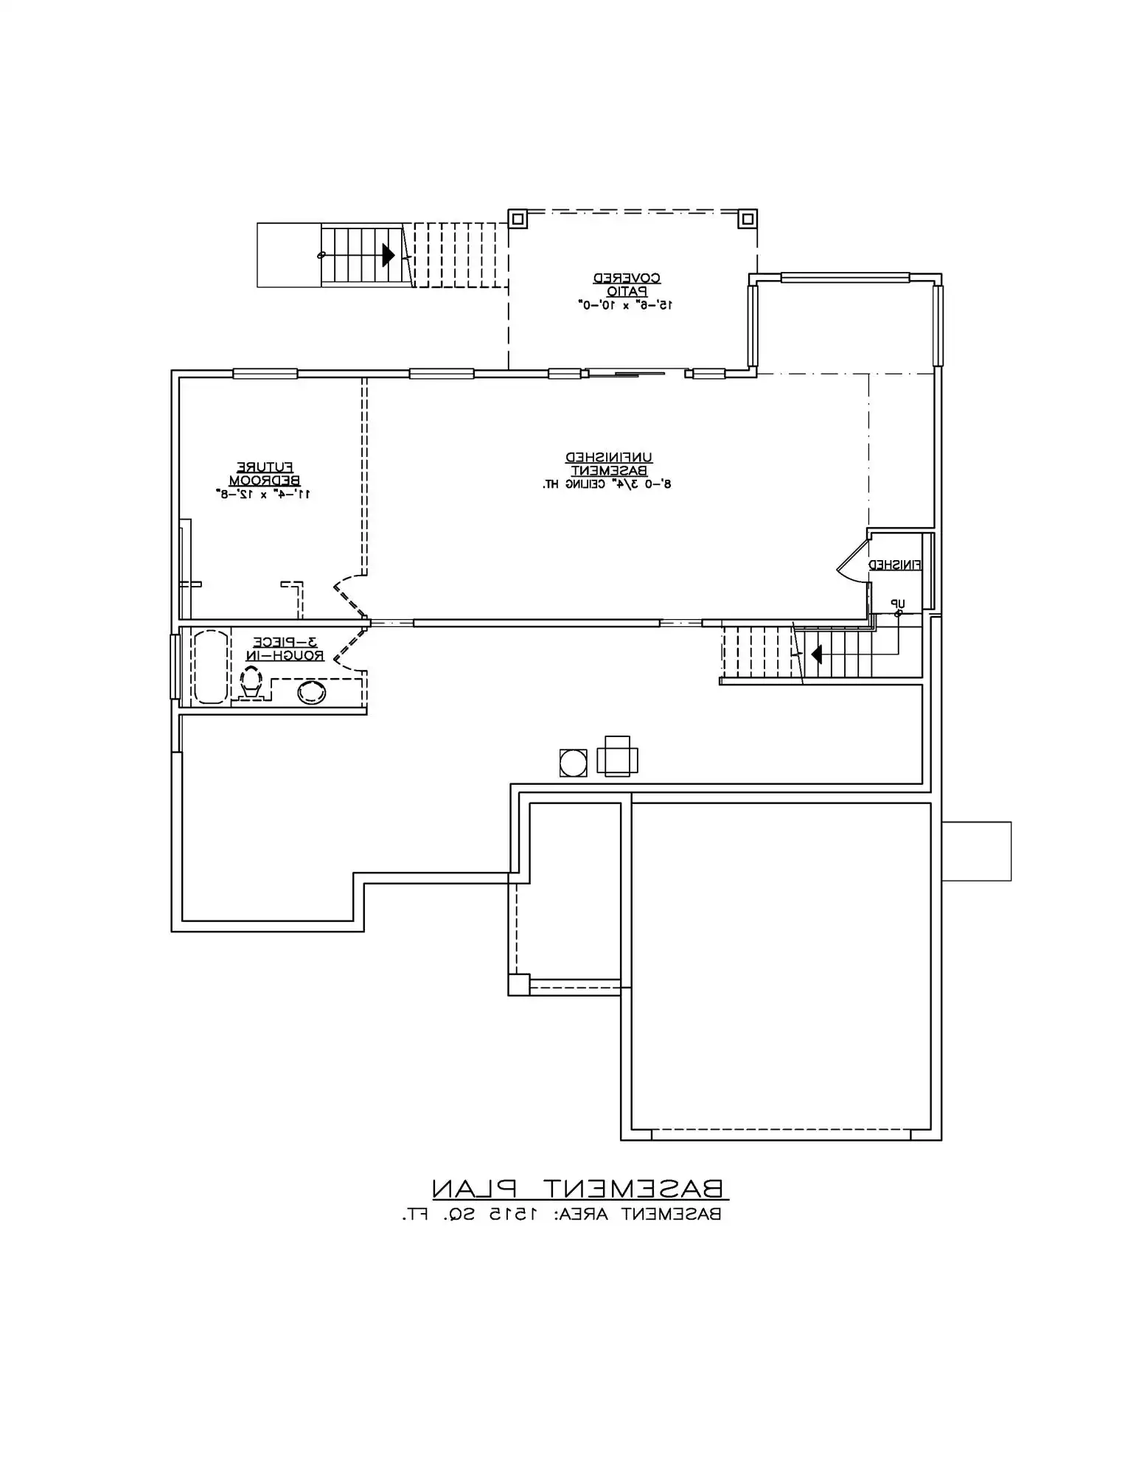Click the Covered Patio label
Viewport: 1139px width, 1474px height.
pos(627,284)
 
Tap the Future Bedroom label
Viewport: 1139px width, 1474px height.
pos(264,473)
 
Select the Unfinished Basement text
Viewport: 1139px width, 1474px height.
pos(608,464)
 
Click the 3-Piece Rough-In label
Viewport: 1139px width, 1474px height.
pos(285,649)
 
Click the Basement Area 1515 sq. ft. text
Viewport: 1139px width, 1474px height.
pos(561,1214)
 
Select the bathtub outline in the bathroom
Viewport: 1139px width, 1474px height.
pos(210,667)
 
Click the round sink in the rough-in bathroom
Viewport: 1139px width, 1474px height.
pos(312,692)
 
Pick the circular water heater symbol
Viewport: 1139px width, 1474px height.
pos(573,763)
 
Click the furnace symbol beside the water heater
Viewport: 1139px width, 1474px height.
pos(617,757)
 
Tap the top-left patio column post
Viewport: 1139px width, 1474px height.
pos(518,219)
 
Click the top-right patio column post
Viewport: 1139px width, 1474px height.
pos(747,219)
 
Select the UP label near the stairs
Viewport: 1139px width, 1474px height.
pos(896,604)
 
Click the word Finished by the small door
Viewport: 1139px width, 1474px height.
pos(894,565)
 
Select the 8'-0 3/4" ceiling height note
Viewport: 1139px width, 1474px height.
pos(607,484)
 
